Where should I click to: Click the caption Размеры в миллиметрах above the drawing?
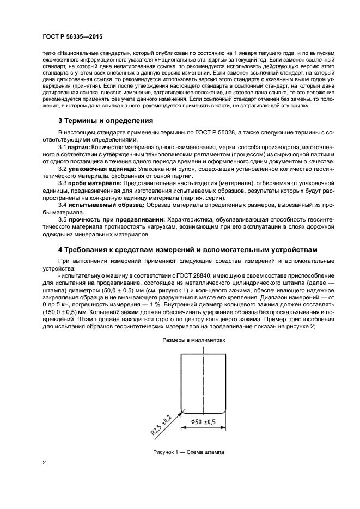(x=193, y=340)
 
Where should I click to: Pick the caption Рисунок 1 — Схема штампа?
(x=189, y=452)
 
